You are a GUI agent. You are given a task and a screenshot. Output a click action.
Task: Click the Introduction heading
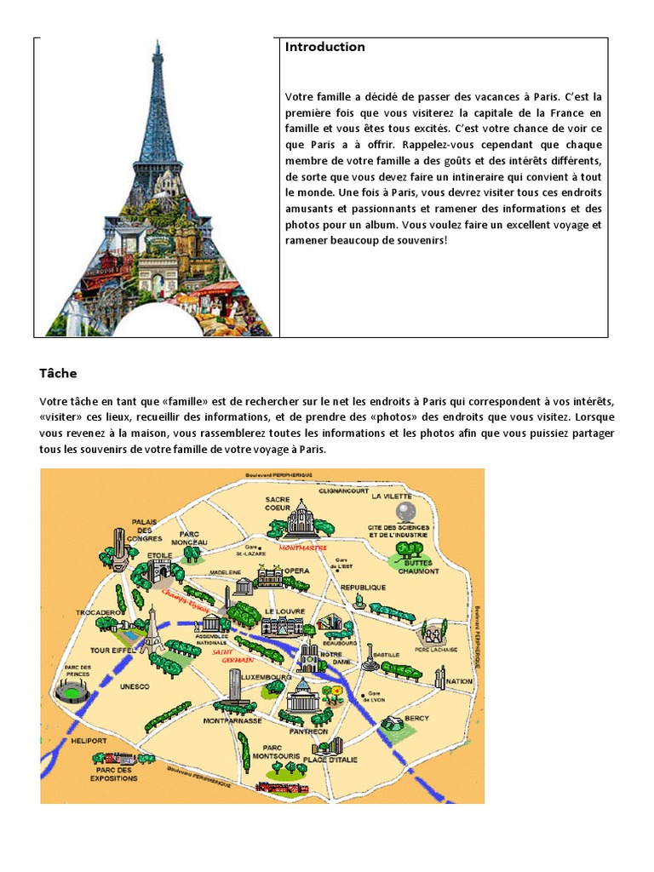click(324, 47)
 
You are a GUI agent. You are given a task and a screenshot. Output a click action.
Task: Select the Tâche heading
click(57, 373)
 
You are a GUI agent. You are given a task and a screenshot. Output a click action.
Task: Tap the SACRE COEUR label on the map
click(278, 503)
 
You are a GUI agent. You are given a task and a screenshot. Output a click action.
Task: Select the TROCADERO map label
click(94, 611)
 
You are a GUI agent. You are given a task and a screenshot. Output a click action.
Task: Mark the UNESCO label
click(135, 686)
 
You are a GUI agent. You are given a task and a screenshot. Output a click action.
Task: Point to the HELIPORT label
click(88, 741)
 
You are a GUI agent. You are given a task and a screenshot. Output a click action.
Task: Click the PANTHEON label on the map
click(307, 731)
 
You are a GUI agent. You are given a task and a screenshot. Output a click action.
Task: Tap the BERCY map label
click(417, 718)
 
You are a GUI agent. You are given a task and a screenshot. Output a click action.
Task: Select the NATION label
click(459, 681)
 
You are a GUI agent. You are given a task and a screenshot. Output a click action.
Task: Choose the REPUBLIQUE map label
click(363, 588)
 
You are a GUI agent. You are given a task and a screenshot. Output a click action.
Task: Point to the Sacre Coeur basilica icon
click(301, 518)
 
